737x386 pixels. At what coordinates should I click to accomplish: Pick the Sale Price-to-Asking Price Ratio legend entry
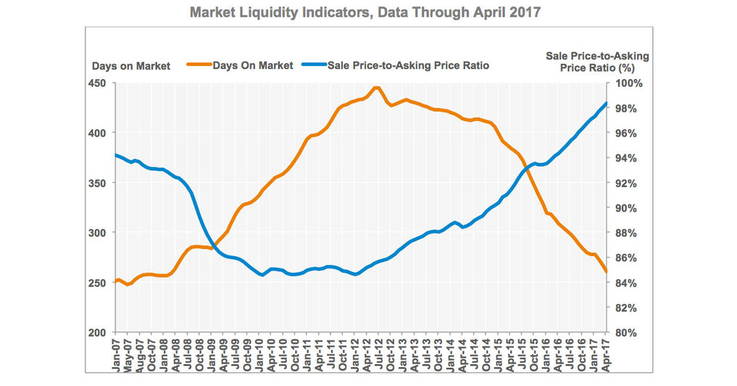[409, 65]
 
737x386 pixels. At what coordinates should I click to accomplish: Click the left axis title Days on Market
[131, 66]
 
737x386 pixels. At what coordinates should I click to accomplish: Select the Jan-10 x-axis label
[263, 354]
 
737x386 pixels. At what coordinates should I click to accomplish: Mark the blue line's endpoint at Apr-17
[607, 103]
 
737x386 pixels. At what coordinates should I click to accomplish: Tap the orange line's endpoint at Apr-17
[607, 271]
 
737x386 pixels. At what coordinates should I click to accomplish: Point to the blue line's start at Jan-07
[117, 155]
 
